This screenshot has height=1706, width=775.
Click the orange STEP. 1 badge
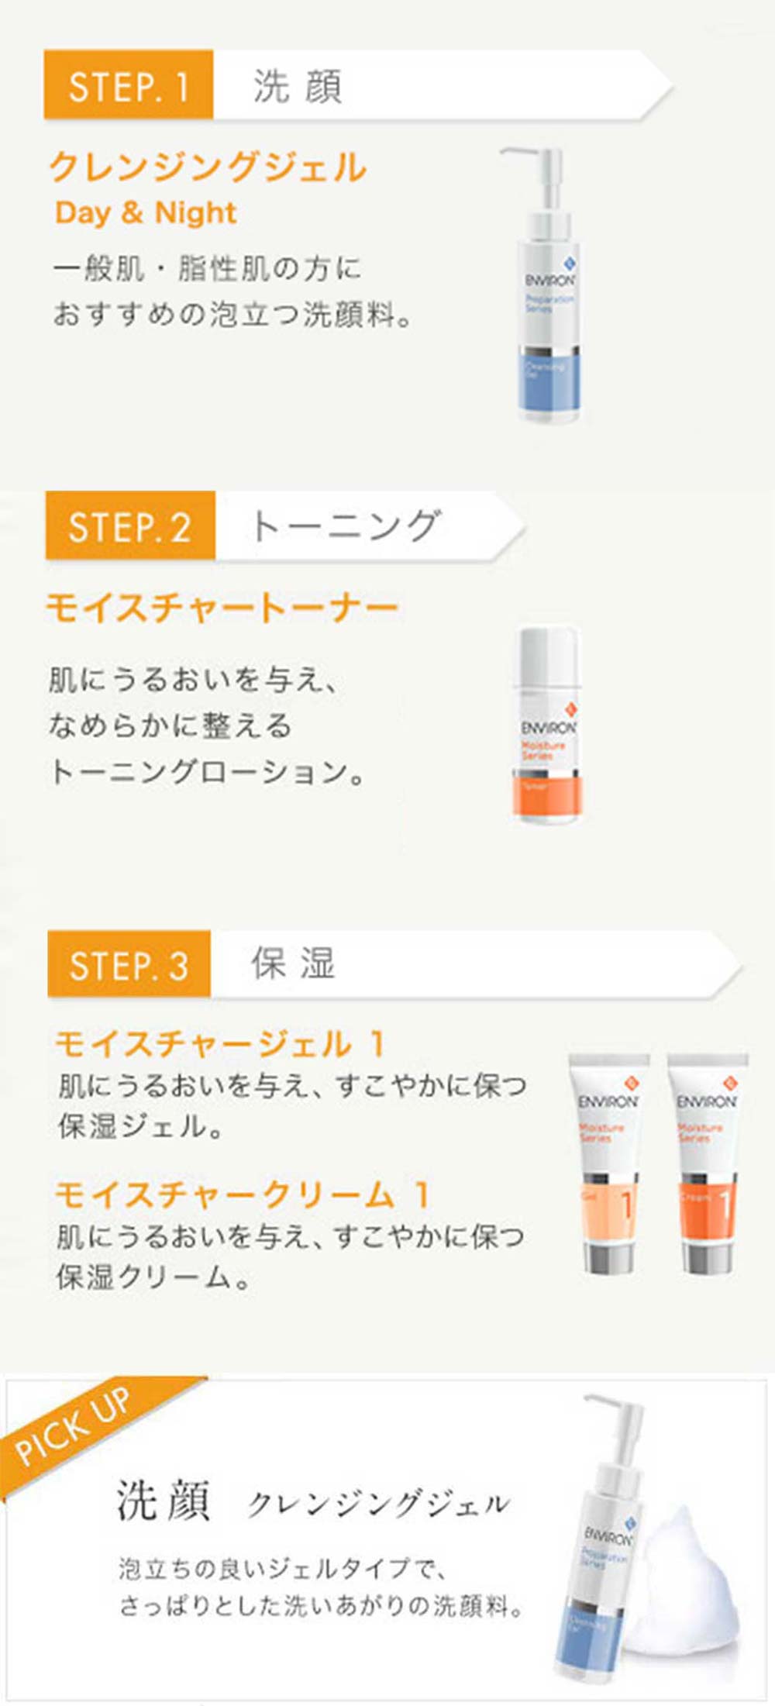[x=128, y=84]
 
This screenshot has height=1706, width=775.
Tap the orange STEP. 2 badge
[x=130, y=526]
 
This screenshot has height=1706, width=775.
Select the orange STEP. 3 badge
[x=129, y=965]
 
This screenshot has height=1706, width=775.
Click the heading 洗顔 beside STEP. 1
[x=297, y=85]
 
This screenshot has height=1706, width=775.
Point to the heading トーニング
[x=346, y=526]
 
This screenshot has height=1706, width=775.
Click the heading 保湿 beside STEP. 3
[x=293, y=964]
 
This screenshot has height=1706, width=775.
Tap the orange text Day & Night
[x=146, y=212]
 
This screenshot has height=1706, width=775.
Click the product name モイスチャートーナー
[x=222, y=608]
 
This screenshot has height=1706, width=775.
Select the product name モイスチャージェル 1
[x=220, y=1045]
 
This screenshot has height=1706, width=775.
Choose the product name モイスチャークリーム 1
[x=242, y=1194]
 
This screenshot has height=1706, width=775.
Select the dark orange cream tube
[x=707, y=1163]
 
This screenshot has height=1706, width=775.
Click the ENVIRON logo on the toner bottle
[x=549, y=728]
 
